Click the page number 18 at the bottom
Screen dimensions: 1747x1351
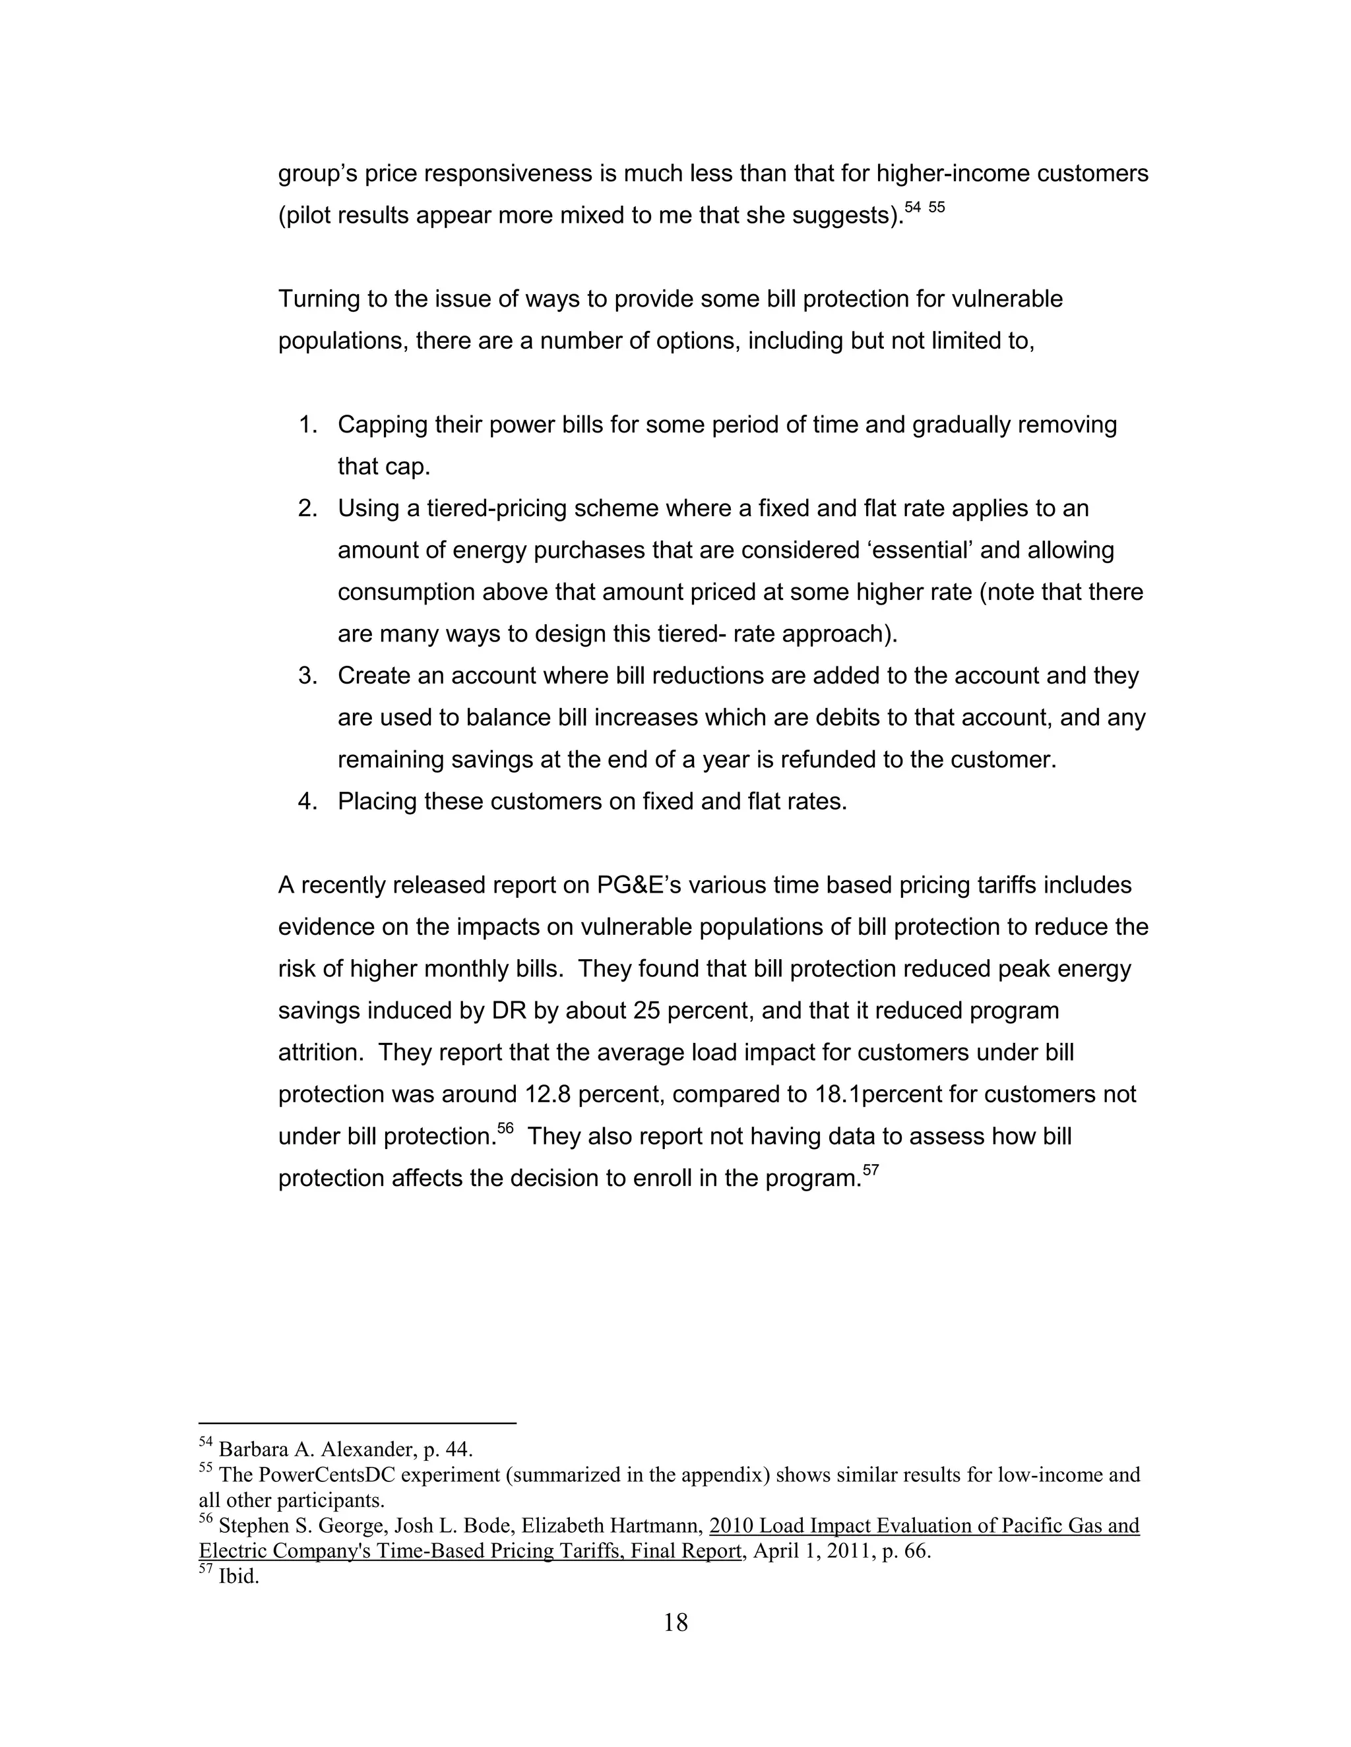(675, 1622)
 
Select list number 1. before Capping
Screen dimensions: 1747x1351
(308, 425)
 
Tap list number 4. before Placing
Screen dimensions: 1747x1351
(308, 802)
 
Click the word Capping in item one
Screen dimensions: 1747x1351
(383, 425)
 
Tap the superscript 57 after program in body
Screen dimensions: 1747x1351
(871, 1170)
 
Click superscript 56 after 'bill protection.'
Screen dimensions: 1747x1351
(505, 1129)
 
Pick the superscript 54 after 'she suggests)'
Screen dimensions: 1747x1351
(912, 208)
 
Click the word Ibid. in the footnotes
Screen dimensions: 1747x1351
(239, 1578)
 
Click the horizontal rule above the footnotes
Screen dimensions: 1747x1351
(357, 1424)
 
